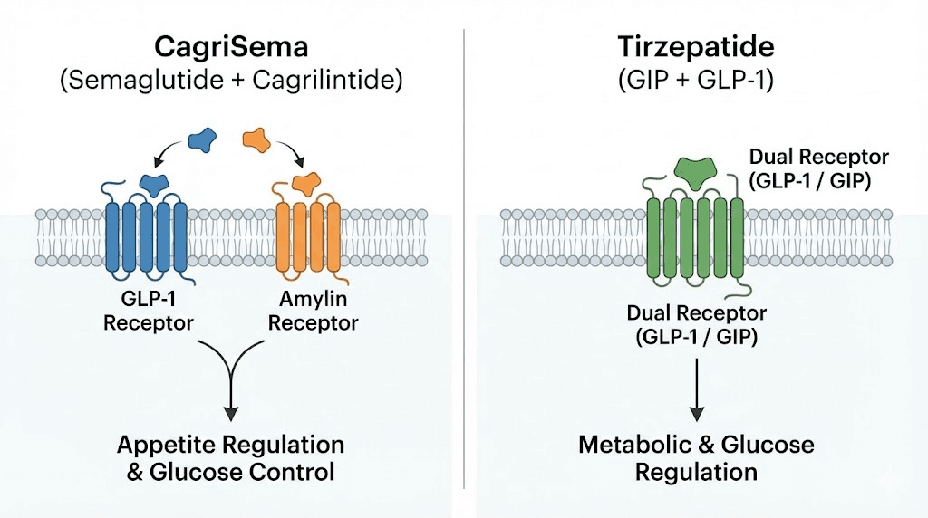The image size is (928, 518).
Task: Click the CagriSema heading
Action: click(231, 46)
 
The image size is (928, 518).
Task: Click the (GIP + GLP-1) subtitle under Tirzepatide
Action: click(695, 81)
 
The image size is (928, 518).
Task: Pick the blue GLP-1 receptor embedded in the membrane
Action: click(146, 237)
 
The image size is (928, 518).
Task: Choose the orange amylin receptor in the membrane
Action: click(308, 237)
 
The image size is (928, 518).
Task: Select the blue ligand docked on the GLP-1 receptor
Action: click(158, 184)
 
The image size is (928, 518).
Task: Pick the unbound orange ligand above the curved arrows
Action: click(256, 139)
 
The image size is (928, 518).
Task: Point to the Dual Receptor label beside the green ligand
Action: click(818, 168)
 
